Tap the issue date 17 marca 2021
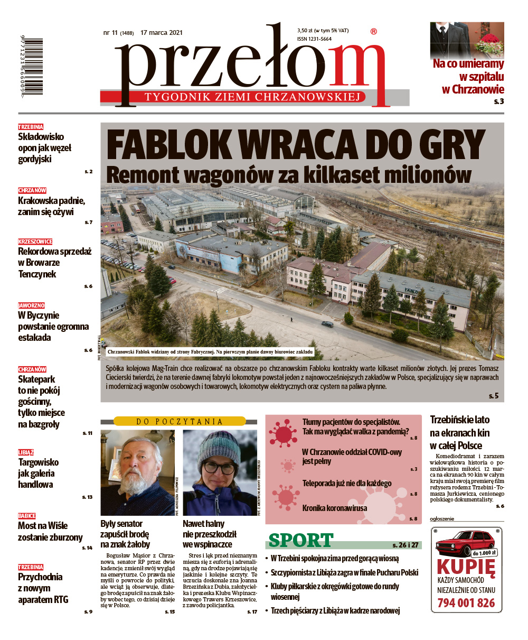coord(162,33)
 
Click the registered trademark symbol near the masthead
coord(374,32)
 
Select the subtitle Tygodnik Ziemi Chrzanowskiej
coord(254,97)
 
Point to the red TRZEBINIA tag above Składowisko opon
coord(31,127)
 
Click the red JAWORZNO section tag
coord(31,305)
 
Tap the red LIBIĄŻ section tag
coord(26,452)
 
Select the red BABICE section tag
coord(27,515)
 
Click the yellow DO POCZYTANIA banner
coord(180,421)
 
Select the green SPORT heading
coord(301,541)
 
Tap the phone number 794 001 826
coord(466,602)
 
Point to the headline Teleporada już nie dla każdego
coord(347,483)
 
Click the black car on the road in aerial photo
coord(327,324)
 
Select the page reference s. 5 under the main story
coord(493,396)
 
